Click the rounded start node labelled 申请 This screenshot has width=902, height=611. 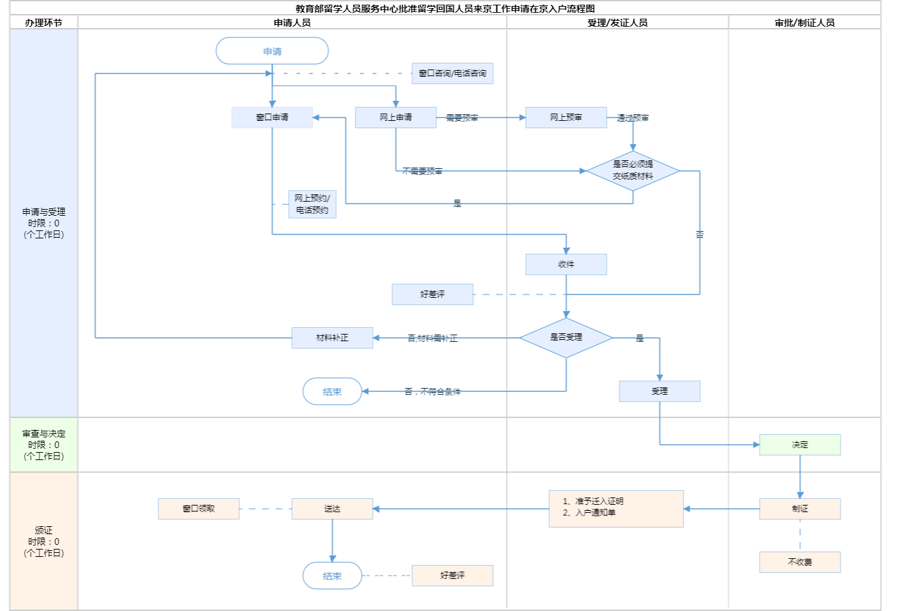(x=272, y=51)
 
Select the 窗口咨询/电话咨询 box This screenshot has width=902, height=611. (x=452, y=73)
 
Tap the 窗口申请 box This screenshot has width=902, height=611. (x=272, y=118)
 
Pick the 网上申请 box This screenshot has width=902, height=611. (x=396, y=118)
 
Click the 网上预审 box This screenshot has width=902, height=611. (x=566, y=118)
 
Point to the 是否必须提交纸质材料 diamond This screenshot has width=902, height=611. (x=633, y=170)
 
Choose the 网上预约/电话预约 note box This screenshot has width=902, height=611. (x=312, y=204)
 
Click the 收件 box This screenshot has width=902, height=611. (x=566, y=264)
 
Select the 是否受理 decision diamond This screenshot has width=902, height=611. (x=566, y=337)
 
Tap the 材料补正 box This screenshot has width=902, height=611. (x=332, y=338)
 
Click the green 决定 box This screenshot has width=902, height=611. (x=800, y=445)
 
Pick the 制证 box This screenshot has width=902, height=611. (x=800, y=509)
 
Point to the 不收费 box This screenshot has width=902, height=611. (x=800, y=562)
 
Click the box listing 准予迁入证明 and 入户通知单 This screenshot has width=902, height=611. (x=616, y=508)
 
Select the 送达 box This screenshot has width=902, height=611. (x=332, y=509)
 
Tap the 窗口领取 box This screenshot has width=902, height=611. (x=198, y=509)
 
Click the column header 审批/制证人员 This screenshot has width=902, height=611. (x=804, y=23)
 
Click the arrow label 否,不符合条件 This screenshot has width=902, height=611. (x=432, y=391)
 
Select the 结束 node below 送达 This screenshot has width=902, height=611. (x=332, y=576)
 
